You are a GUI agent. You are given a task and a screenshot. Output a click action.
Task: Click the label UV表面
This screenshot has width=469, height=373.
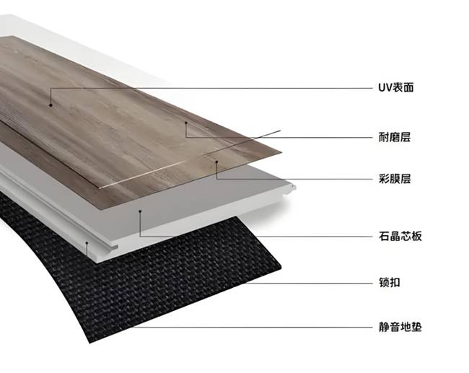395,87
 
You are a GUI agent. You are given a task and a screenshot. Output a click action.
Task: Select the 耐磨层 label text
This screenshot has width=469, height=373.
395,138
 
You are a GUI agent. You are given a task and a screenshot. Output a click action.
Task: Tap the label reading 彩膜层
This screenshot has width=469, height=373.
395,179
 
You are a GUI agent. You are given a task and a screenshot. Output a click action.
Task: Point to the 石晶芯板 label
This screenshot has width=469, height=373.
400,237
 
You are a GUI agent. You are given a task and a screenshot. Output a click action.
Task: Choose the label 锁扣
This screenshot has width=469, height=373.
389,283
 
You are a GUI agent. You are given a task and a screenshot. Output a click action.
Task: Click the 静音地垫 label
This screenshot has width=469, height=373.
400,327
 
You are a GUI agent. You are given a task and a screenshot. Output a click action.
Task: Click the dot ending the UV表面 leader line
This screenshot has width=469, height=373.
51,105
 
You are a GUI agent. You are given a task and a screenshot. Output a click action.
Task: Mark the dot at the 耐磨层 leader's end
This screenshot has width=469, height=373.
185,123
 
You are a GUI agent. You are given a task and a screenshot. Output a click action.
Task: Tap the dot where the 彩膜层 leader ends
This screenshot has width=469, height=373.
217,162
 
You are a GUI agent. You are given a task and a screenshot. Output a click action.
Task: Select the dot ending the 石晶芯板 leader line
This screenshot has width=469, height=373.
140,211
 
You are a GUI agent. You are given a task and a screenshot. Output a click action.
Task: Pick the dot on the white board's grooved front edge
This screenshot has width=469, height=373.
87,243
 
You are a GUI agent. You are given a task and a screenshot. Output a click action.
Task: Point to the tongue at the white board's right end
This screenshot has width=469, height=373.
291,188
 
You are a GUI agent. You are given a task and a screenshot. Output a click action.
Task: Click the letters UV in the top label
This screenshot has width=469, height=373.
383,88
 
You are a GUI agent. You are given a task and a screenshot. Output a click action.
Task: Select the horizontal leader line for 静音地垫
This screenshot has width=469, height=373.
253,327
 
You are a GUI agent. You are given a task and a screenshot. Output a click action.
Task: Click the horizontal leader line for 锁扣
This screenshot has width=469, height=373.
310,283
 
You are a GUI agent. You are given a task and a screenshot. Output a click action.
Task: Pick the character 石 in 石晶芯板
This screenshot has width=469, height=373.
384,237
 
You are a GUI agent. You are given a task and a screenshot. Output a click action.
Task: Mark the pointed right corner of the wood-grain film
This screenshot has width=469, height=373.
281,152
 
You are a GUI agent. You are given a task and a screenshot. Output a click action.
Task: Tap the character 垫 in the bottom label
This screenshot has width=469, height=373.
416,327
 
